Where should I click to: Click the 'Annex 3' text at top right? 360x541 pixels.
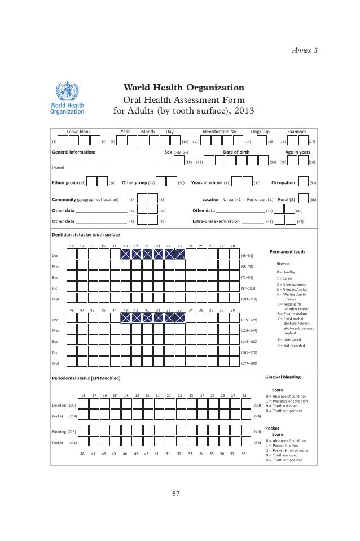tap(305, 51)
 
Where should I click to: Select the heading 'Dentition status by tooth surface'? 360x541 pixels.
tap(86, 234)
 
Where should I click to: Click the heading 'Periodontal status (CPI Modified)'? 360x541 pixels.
tap(86, 378)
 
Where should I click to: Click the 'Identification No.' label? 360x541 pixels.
tap(219, 131)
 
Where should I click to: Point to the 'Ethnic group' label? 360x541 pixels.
tap(64, 183)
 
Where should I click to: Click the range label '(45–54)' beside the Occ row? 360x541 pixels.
tap(247, 255)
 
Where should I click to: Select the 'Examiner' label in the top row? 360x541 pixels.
tap(297, 131)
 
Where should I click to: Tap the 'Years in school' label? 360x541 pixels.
tap(207, 183)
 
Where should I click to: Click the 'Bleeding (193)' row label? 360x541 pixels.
tap(64, 405)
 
